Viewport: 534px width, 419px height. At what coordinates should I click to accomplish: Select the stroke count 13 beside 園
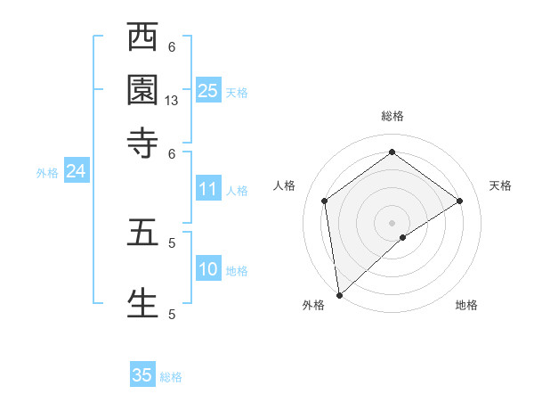(172, 101)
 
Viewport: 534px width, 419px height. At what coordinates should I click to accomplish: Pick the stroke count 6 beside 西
(172, 47)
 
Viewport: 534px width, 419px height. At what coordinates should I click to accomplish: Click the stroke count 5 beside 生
(172, 314)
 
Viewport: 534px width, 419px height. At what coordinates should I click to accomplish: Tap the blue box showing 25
(208, 90)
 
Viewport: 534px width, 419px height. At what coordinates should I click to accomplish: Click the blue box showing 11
(208, 189)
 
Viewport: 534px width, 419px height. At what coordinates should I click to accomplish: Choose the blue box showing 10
(208, 269)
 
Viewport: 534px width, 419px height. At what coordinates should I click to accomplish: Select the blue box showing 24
(76, 171)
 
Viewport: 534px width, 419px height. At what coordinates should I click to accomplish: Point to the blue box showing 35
(142, 375)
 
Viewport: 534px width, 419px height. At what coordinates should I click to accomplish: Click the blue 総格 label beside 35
(171, 377)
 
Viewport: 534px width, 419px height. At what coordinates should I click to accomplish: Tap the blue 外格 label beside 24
(46, 173)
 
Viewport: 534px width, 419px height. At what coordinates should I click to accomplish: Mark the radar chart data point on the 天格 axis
(459, 201)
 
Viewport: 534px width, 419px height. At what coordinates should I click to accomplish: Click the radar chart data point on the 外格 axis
(339, 294)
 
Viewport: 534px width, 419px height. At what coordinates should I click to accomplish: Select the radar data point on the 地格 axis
(403, 237)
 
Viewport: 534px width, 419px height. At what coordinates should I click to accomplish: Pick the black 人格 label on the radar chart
(285, 185)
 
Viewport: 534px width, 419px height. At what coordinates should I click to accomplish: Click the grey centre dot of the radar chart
(392, 222)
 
